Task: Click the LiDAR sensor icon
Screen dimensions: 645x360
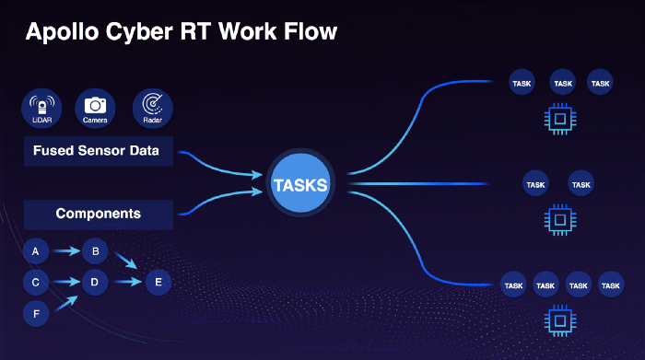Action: (41, 108)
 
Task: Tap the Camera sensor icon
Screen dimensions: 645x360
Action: (95, 108)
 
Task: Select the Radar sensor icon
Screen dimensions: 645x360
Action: (153, 108)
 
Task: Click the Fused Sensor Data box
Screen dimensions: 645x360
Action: (99, 151)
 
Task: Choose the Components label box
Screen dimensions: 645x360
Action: (99, 215)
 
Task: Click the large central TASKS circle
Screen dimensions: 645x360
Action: (300, 183)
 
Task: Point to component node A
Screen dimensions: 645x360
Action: (36, 251)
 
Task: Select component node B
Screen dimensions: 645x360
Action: (95, 251)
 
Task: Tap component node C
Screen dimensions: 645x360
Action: (36, 283)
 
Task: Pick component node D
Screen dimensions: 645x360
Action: (95, 283)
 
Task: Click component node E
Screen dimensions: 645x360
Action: (158, 283)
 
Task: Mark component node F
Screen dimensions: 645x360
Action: (36, 314)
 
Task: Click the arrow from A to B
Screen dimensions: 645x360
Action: (66, 250)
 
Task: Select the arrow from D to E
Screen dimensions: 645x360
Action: (128, 282)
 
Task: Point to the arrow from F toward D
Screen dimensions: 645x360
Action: (66, 303)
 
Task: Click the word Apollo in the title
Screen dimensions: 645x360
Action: (62, 32)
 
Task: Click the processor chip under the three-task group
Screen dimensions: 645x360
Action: (560, 119)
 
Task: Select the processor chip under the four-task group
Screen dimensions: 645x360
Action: (560, 320)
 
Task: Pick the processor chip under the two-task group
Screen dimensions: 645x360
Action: (560, 220)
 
